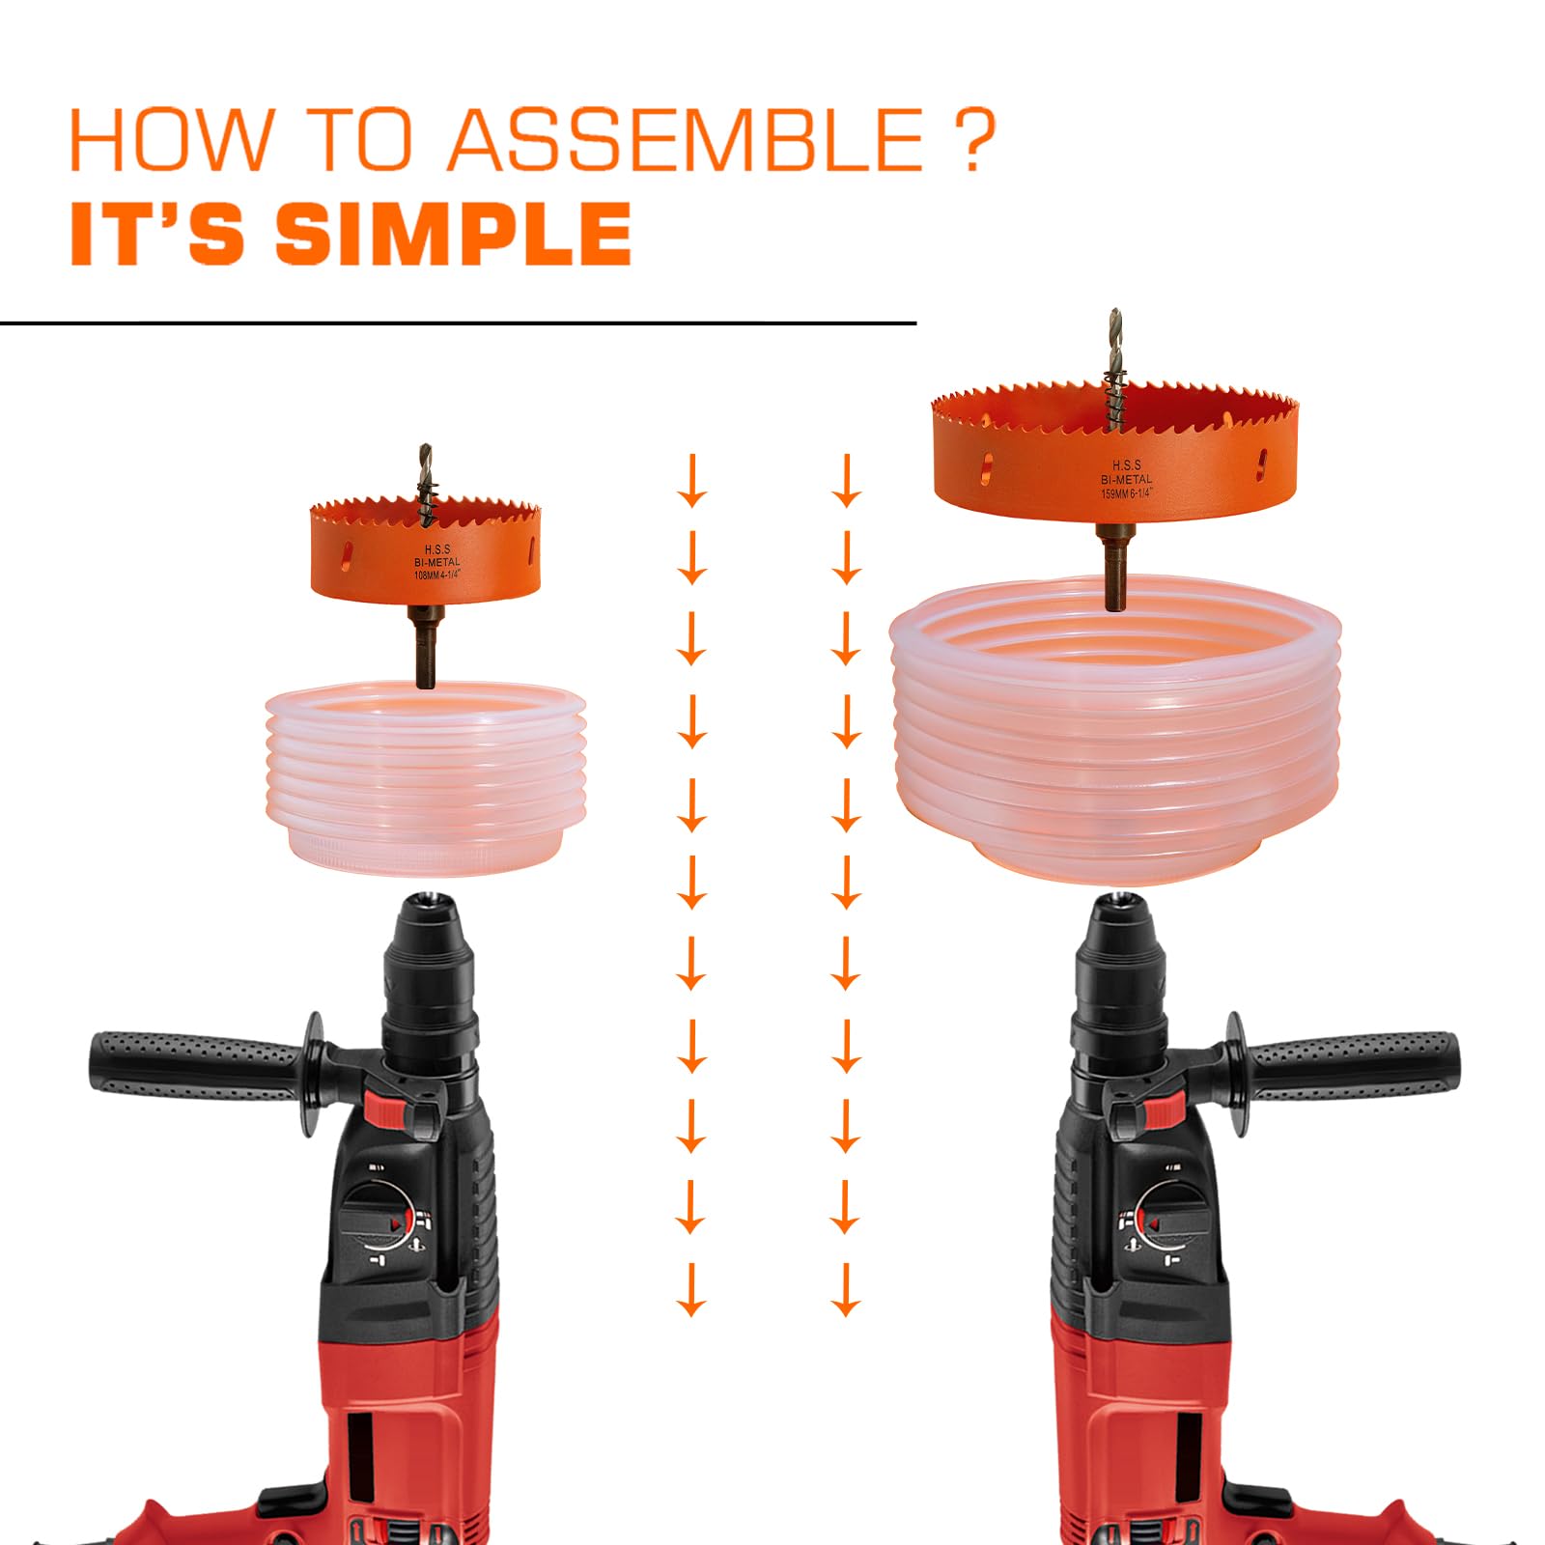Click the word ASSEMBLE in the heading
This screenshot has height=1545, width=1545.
pyautogui.click(x=687, y=140)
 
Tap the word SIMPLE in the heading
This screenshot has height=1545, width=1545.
pyautogui.click(x=453, y=234)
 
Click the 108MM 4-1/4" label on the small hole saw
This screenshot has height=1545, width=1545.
pyautogui.click(x=437, y=576)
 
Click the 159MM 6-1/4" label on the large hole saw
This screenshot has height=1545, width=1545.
pyautogui.click(x=1126, y=493)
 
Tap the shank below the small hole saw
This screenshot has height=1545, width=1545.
pyautogui.click(x=425, y=652)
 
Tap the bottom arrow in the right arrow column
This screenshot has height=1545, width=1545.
pyautogui.click(x=846, y=1290)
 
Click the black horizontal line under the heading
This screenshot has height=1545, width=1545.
pyautogui.click(x=458, y=323)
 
